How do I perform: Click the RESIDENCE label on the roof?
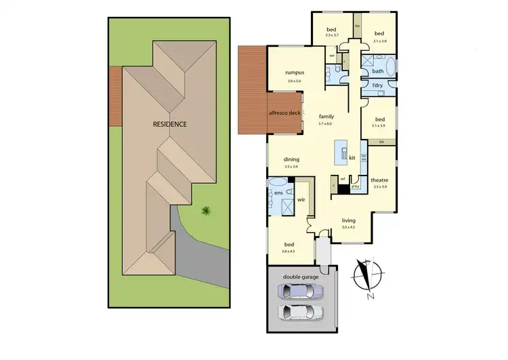coord(169,125)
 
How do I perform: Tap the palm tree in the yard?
coord(205,212)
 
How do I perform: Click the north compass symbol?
coord(366,275)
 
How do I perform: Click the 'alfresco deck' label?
coord(284,113)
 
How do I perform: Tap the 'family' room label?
coord(326,117)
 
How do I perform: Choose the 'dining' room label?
coord(292,160)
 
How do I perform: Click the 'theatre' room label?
coord(379,180)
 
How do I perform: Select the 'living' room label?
coord(349,220)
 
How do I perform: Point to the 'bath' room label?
coord(378,71)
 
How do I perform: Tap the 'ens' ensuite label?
coord(277,193)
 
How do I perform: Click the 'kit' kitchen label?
coord(352,157)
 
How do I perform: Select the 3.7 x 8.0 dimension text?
coord(326,124)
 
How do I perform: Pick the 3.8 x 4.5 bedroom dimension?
coord(289,251)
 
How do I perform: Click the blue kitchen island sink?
coord(343,149)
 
